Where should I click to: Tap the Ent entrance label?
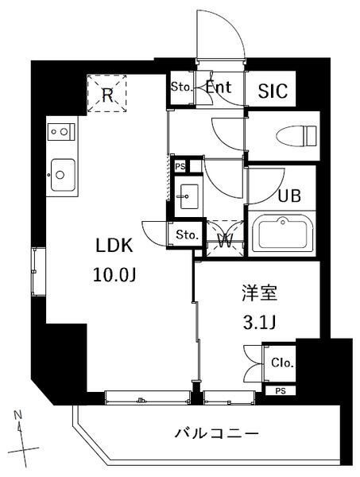click(219, 87)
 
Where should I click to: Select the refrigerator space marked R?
click(106, 93)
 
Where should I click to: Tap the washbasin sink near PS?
click(189, 194)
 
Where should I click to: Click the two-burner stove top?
click(61, 130)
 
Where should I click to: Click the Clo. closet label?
click(282, 363)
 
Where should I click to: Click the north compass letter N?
click(18, 416)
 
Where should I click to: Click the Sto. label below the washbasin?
click(187, 235)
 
